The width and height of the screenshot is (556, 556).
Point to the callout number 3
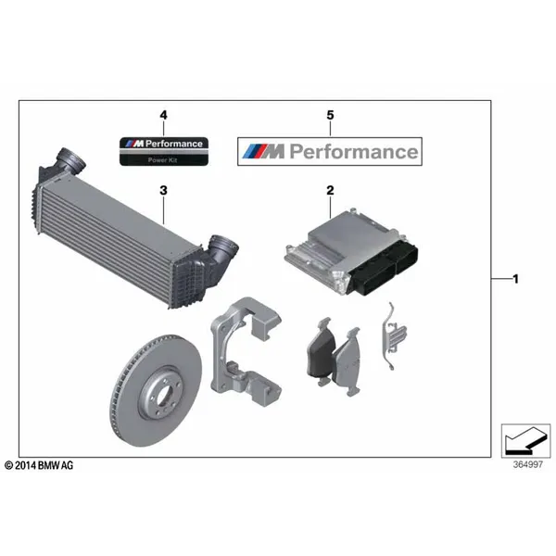click(163, 190)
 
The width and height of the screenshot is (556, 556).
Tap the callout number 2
click(329, 190)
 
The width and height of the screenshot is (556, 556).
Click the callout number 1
click(516, 278)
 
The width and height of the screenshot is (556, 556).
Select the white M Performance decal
click(329, 151)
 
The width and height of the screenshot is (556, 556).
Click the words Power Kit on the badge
click(163, 159)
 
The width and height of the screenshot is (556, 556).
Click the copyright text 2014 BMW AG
click(39, 463)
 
